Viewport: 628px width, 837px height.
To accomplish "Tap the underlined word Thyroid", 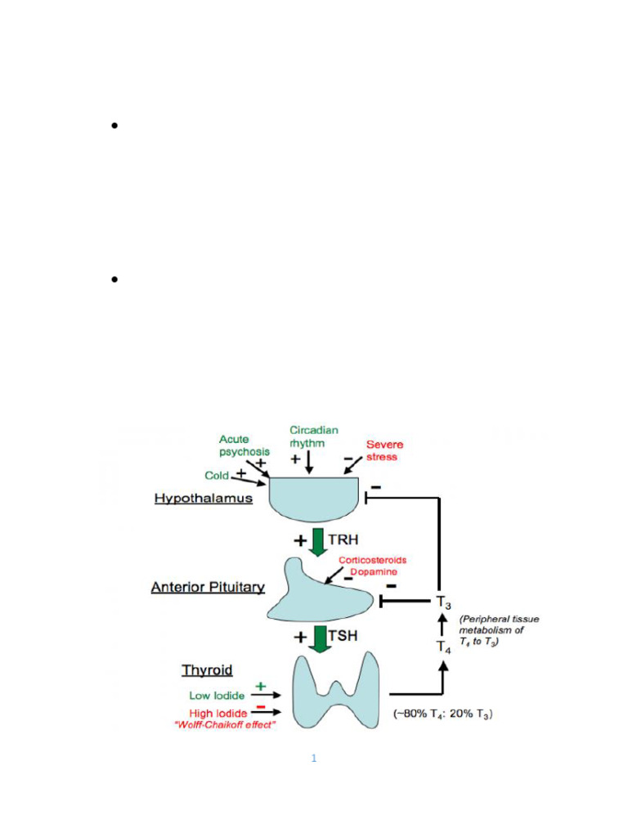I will click(x=207, y=670).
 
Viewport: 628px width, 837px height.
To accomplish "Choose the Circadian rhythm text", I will click(x=314, y=437).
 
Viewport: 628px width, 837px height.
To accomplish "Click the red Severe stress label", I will click(x=384, y=450).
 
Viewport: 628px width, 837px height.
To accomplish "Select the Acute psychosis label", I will click(x=244, y=445).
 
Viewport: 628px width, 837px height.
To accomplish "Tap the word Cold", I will click(x=217, y=475).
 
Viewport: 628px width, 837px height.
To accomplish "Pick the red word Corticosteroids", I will click(x=372, y=560).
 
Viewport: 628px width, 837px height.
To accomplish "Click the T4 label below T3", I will click(x=442, y=647).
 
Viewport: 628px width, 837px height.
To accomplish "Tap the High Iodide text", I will click(x=218, y=714).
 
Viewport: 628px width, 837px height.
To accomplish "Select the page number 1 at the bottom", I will click(x=313, y=759).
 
